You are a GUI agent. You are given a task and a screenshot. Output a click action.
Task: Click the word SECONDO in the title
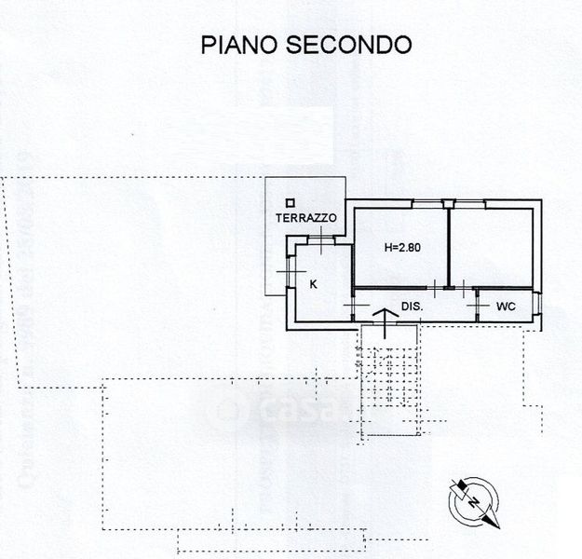click(x=349, y=45)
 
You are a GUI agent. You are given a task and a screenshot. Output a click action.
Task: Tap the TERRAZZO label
click(x=306, y=218)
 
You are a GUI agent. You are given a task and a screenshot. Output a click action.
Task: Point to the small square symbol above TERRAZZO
click(x=291, y=201)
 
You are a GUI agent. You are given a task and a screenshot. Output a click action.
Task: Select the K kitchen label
click(x=314, y=284)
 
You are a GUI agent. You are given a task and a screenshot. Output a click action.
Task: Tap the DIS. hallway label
click(x=413, y=306)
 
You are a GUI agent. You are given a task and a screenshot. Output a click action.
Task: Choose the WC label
click(x=506, y=306)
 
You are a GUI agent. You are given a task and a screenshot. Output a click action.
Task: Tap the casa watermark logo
click(x=270, y=408)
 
